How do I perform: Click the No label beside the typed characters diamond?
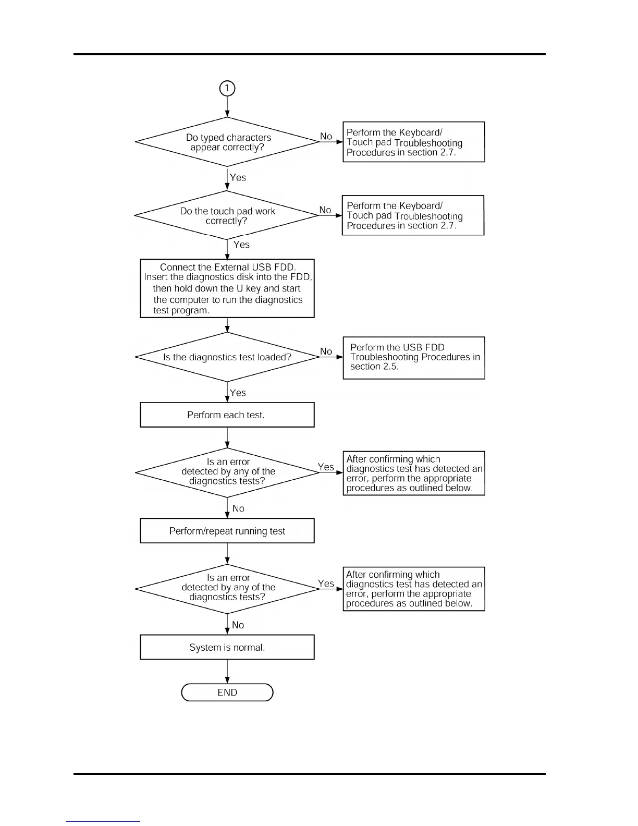pos(326,136)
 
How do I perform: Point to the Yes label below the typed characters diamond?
pos(238,177)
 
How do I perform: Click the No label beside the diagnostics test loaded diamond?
pos(326,351)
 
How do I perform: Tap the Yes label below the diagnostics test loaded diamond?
pos(238,393)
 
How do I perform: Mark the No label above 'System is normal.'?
pos(238,625)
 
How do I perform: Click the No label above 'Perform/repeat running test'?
pos(238,508)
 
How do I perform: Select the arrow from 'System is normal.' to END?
pos(227,671)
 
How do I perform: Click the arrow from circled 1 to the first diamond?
pos(227,107)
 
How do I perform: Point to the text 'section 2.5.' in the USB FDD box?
pos(374,367)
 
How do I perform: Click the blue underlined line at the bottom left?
pos(103,821)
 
